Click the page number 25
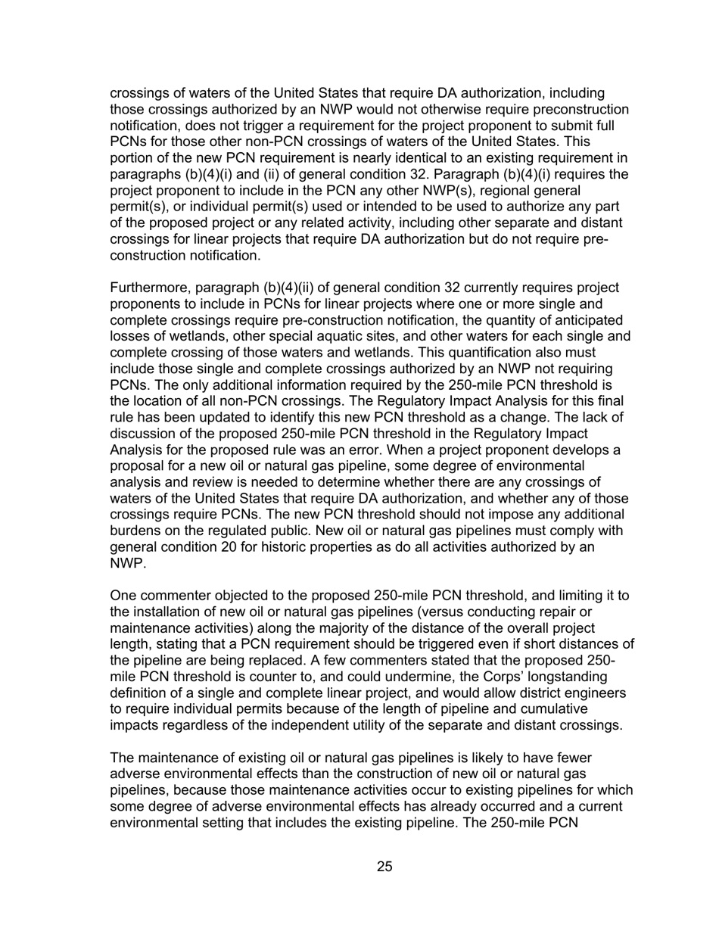[x=384, y=867]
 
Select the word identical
[x=402, y=157]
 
